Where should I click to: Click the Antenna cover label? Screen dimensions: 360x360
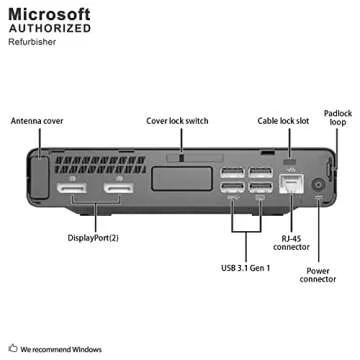(x=38, y=121)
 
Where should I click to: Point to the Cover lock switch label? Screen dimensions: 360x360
(x=177, y=121)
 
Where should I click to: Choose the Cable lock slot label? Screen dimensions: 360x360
(x=284, y=121)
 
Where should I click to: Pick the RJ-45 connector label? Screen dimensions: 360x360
(x=291, y=243)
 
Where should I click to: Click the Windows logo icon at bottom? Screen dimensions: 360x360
(x=12, y=349)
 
